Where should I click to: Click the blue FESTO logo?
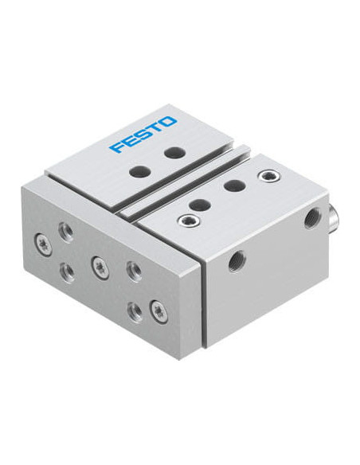143,135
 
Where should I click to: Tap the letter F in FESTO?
117,147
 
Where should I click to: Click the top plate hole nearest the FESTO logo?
175,152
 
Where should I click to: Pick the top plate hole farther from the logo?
140,171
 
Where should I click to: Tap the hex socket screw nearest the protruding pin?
269,176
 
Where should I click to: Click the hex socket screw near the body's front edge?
188,221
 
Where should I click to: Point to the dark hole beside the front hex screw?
200,205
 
